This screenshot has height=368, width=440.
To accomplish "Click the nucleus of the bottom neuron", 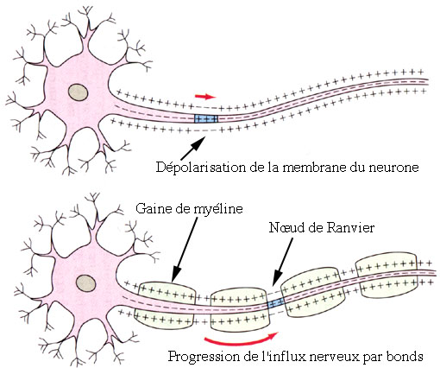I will point(85,282).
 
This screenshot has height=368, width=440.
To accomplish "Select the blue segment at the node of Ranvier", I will point(276,303).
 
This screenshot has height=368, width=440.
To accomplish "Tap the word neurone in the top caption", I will point(391,167).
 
